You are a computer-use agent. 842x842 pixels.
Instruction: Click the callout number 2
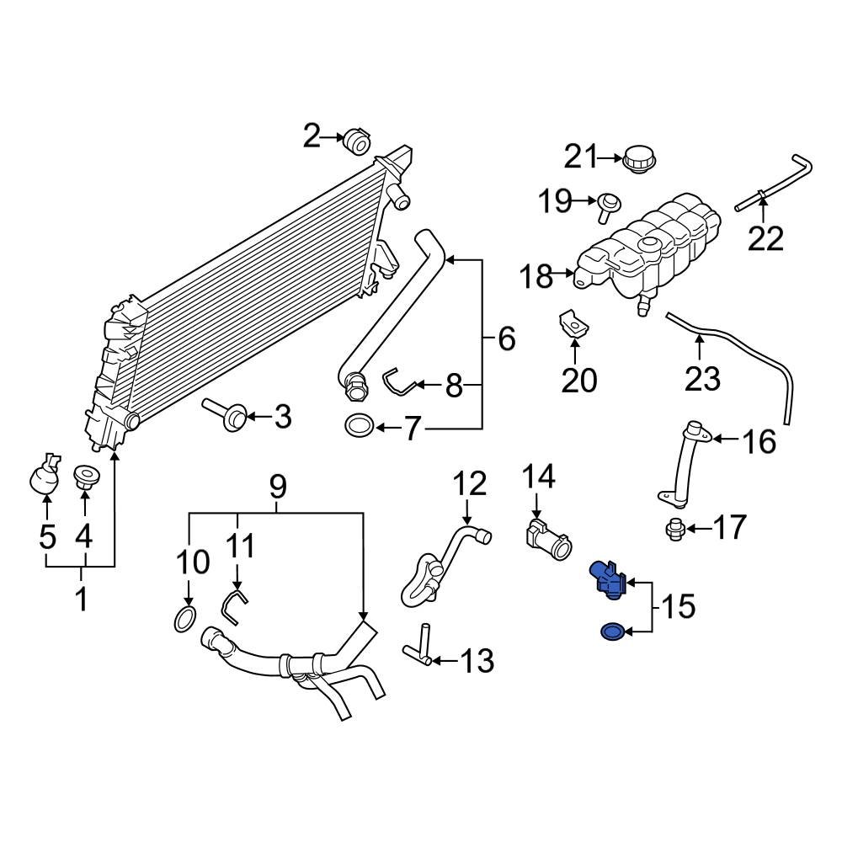point(312,136)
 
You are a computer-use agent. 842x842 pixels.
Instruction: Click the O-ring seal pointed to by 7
point(360,427)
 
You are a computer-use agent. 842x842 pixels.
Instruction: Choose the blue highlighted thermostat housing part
point(608,579)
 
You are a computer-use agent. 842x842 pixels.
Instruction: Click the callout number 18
point(536,275)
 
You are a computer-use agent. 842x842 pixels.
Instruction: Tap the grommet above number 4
point(83,477)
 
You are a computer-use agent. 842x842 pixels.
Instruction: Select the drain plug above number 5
point(45,476)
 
